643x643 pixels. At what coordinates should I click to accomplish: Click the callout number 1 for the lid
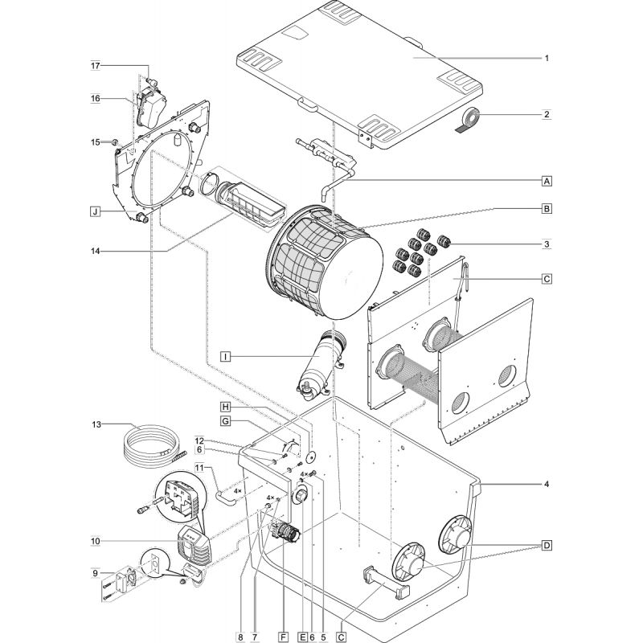547,58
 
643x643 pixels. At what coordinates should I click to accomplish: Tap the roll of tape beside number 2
469,118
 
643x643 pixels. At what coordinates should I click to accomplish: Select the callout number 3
547,243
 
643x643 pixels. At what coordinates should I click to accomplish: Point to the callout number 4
547,485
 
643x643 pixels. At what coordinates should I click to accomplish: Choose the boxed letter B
547,209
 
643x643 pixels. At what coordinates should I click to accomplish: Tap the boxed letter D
547,547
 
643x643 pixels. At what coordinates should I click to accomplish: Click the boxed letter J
95,212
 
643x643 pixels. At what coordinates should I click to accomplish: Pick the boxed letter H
226,407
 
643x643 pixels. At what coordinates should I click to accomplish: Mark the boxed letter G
226,421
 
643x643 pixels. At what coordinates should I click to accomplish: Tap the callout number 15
95,142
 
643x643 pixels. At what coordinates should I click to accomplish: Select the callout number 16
95,98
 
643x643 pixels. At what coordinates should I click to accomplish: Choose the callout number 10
95,541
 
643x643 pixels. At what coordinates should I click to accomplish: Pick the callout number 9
95,573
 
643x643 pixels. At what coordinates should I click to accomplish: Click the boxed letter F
282,637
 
